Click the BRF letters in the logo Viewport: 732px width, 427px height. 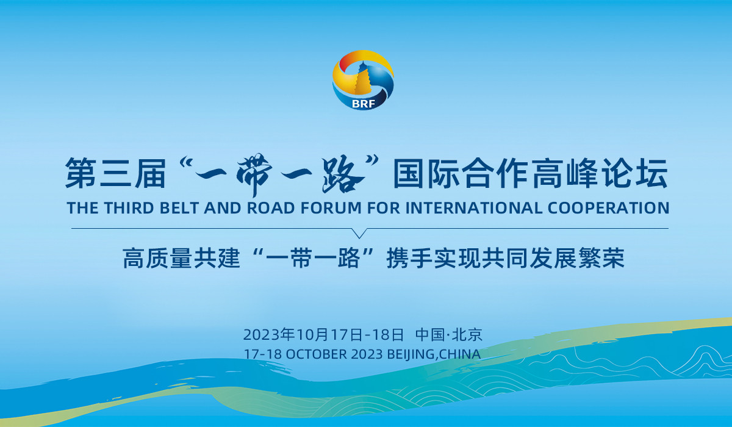[364, 104]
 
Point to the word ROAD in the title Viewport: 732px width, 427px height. [271, 208]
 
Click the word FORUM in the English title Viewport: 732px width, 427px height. [331, 208]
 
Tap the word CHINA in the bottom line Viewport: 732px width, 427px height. [460, 354]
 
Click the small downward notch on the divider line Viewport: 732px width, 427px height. [359, 233]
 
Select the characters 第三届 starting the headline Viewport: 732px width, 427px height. [115, 173]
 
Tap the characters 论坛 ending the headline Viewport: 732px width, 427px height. [634, 173]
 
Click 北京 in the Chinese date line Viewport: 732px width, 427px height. [467, 335]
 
